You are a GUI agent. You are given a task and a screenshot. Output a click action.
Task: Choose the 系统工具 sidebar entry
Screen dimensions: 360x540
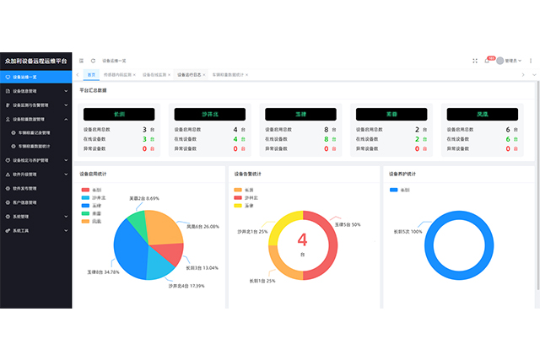(x=21, y=230)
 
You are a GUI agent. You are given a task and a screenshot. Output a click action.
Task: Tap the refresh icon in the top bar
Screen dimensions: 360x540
(x=93, y=61)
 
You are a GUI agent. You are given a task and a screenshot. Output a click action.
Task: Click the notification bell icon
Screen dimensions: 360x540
(x=487, y=61)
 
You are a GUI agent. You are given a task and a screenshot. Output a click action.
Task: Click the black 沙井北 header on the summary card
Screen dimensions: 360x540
(x=208, y=113)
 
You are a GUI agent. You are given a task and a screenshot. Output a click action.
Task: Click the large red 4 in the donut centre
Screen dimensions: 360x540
(x=302, y=240)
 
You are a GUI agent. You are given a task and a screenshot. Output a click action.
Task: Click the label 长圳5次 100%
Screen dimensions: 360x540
(x=408, y=231)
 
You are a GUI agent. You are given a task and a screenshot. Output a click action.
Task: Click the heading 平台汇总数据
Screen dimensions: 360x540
(x=93, y=89)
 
